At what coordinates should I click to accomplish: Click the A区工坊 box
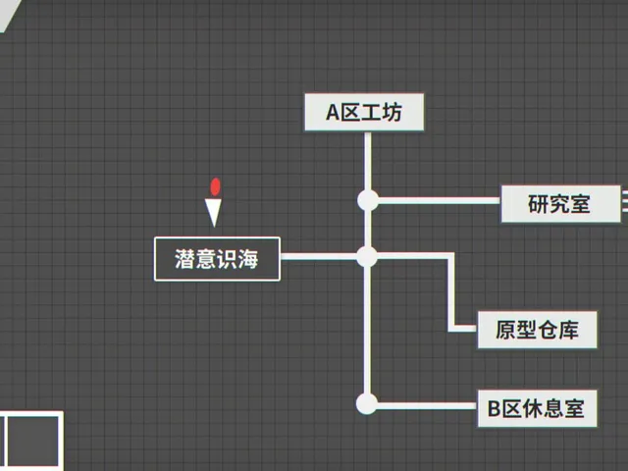[x=364, y=112]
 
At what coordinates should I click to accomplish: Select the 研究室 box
[x=560, y=204]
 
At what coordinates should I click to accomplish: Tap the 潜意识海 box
[x=217, y=259]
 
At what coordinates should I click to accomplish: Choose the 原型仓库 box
[x=537, y=330]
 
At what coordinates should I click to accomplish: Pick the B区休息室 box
[x=537, y=408]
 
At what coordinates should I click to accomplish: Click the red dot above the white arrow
[x=216, y=186]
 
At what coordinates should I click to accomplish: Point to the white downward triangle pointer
[x=214, y=212]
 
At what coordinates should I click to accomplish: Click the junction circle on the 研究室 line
[x=368, y=200]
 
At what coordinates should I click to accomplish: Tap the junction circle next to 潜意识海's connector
[x=367, y=256]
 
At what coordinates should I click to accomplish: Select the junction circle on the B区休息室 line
[x=366, y=403]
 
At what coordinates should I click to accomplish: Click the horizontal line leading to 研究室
[x=440, y=200]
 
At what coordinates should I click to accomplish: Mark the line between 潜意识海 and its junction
[x=318, y=256]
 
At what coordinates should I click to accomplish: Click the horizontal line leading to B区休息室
[x=428, y=406]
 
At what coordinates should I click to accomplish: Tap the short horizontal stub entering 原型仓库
[x=463, y=329]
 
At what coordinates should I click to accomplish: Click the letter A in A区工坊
[x=334, y=113]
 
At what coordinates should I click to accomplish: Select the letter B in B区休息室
[x=494, y=409]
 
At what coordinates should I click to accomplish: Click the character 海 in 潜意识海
[x=248, y=259]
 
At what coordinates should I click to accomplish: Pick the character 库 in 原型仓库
[x=569, y=330]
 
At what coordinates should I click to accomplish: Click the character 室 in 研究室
[x=580, y=204]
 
